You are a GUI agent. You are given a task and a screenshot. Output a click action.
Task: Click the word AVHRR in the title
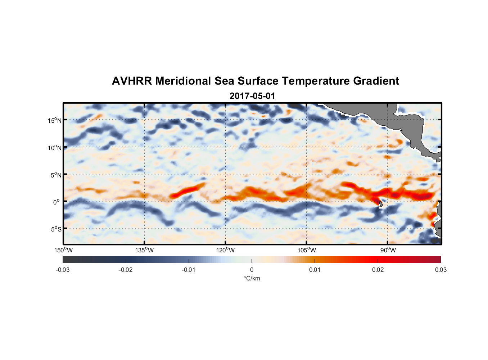point(132,81)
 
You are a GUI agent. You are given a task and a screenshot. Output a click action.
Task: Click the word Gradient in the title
point(376,81)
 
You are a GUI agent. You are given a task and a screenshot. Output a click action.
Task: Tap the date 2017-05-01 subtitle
point(252,96)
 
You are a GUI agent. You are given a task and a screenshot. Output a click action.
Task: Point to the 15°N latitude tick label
point(54,120)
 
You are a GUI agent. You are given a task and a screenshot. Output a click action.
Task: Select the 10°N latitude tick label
point(54,148)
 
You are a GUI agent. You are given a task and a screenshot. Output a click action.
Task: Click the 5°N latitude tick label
point(56,175)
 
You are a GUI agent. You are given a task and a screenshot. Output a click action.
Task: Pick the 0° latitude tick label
point(57,202)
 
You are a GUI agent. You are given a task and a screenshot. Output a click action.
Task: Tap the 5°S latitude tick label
point(56,229)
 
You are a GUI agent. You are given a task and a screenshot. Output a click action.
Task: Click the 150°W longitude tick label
point(63,250)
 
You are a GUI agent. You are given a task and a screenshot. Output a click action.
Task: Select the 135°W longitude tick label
point(144,250)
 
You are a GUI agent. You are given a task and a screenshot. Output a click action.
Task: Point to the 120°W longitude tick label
point(225,250)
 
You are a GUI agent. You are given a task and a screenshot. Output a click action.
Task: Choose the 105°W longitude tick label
point(307,250)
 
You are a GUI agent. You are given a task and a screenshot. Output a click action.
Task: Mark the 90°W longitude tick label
point(388,250)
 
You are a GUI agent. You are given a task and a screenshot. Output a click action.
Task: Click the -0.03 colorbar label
point(63,270)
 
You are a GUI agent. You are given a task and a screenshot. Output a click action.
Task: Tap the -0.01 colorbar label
point(188,270)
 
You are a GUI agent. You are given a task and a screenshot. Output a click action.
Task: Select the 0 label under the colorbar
point(252,270)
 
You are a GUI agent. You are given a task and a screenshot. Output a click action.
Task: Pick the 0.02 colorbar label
point(378,270)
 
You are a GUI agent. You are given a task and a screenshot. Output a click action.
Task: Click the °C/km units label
point(252,278)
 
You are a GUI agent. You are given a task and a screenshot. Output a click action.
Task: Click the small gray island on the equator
point(380,204)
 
